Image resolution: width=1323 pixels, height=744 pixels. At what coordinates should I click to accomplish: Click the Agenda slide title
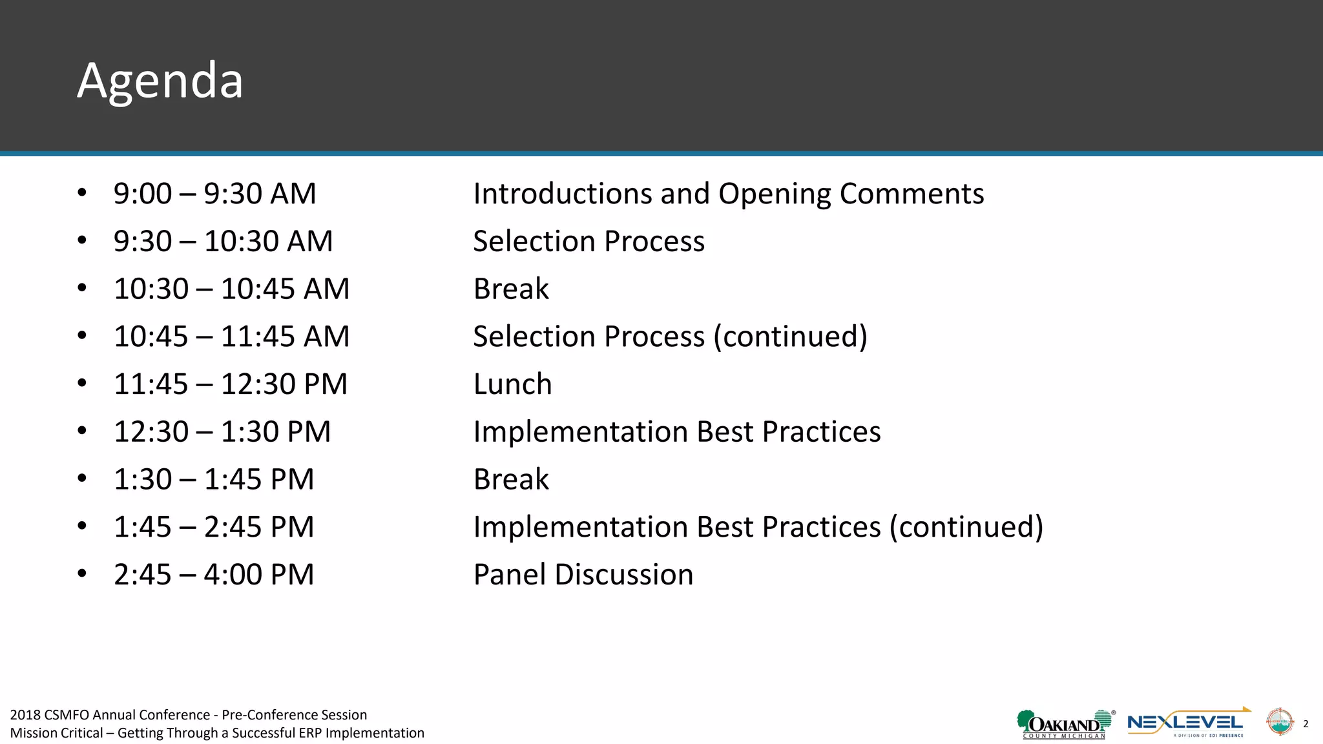coord(160,81)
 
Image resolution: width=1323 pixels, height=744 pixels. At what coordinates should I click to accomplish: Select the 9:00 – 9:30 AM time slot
coord(214,194)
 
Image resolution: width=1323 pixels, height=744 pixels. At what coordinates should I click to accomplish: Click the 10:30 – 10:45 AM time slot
coord(231,289)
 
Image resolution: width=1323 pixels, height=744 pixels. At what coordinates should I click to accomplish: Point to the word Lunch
coord(512,384)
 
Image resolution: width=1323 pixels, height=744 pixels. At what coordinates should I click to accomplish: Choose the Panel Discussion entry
coord(583,575)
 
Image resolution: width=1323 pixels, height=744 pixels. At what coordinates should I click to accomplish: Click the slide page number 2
coord(1306,724)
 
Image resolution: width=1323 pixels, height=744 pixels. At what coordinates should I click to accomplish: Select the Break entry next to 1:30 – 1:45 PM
coord(511,479)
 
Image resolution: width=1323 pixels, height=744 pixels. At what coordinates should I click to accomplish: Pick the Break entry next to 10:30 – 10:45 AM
coord(511,289)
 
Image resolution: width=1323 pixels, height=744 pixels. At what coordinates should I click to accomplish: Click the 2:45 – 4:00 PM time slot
coord(214,575)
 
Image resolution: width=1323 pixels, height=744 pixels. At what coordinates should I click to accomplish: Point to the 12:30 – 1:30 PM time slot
coord(222,432)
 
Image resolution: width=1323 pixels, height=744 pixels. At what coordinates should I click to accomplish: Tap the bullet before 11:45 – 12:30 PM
coord(82,384)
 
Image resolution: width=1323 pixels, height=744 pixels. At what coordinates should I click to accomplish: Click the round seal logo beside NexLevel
coord(1279,722)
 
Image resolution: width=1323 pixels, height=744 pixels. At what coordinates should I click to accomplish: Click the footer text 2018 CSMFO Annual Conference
coord(110,715)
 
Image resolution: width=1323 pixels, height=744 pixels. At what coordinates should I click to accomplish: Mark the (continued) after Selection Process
coord(790,336)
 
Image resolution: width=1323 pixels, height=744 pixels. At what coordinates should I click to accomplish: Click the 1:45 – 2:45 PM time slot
coord(214,527)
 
